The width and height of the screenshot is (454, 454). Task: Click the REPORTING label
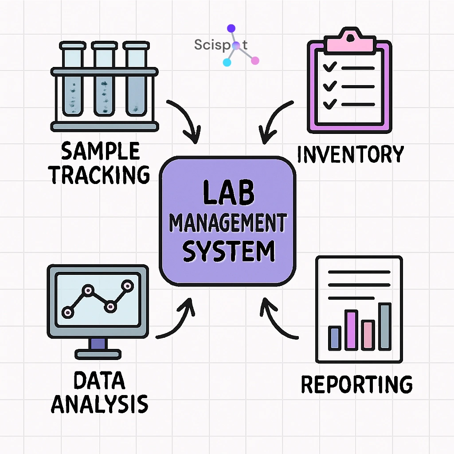(x=356, y=384)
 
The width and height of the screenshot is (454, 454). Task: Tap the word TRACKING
(x=100, y=174)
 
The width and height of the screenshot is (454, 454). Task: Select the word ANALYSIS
(x=100, y=404)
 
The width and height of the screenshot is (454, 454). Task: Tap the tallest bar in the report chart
(x=385, y=326)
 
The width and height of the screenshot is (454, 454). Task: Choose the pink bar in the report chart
(x=368, y=335)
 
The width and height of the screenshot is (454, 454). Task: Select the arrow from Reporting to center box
(x=277, y=321)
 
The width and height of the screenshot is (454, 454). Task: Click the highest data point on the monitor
(x=128, y=286)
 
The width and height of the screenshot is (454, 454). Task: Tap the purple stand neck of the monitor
(x=98, y=344)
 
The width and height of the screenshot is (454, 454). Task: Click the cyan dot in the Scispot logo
(x=227, y=62)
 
